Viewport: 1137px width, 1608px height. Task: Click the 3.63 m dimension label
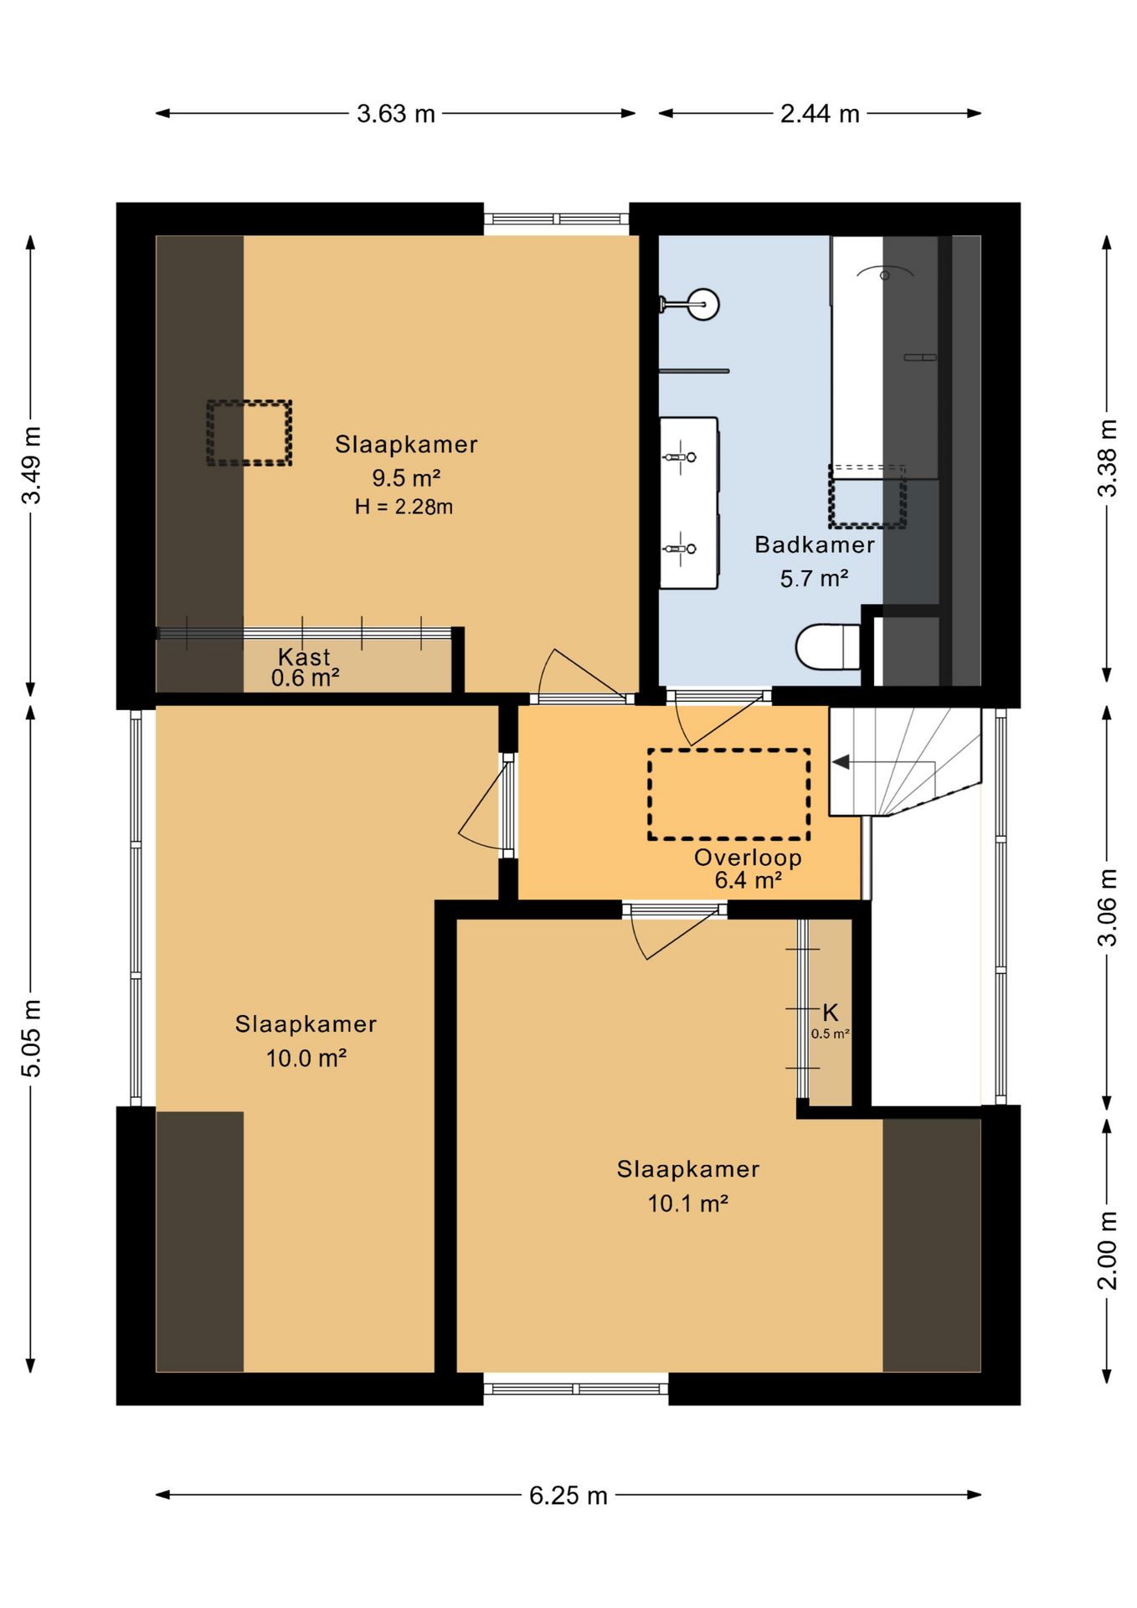tap(396, 113)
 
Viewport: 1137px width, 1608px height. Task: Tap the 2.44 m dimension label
tap(820, 113)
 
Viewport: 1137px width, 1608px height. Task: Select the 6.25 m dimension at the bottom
tap(568, 1495)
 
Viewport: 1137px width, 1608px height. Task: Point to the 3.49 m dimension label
tap(31, 465)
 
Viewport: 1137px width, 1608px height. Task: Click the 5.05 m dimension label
tap(31, 1038)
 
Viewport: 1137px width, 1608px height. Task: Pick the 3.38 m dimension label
tap(1107, 458)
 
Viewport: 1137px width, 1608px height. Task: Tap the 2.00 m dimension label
tap(1107, 1250)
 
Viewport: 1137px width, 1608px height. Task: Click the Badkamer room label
tap(815, 544)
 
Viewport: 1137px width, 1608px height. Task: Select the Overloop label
tap(748, 857)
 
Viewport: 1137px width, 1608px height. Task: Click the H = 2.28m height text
tap(404, 507)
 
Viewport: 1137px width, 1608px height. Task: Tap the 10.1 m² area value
tap(687, 1203)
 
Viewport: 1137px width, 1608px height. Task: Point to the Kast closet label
tap(304, 657)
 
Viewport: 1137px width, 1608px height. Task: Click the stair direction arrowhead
tap(840, 762)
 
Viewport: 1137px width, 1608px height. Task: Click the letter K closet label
tap(830, 1013)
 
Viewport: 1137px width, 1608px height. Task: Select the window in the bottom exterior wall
tap(576, 1389)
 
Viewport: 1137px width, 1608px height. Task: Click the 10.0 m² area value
tap(306, 1059)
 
